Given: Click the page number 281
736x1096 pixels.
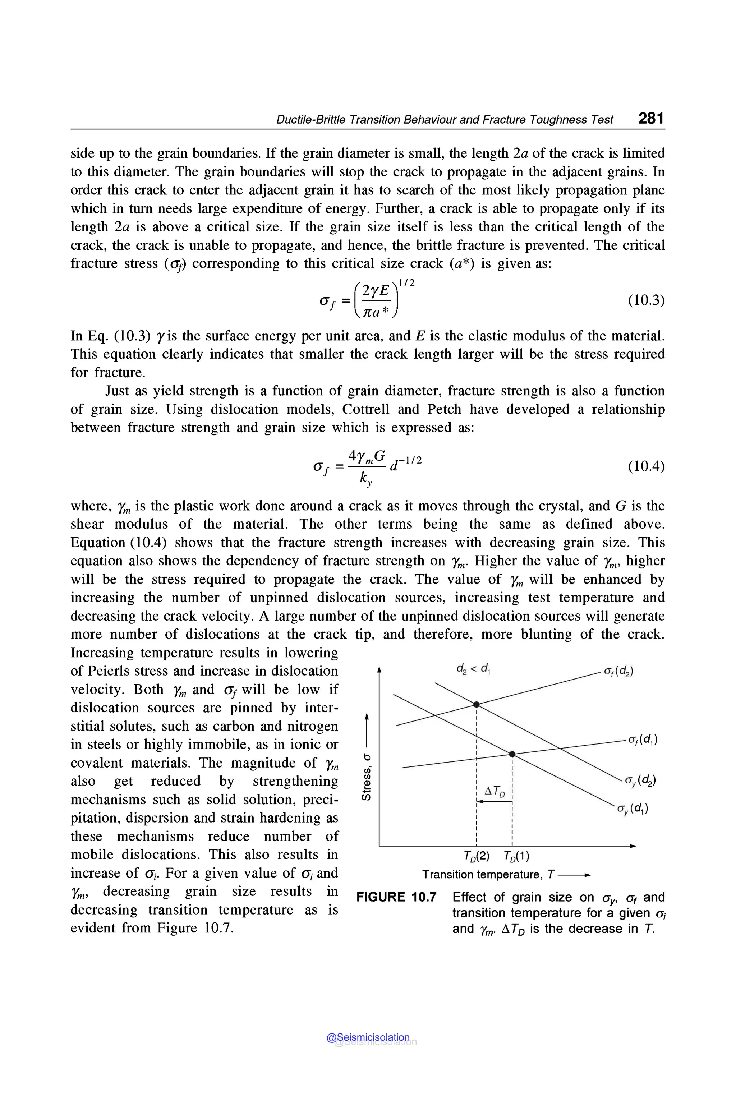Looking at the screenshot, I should coord(651,118).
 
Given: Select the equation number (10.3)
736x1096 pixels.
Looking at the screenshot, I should coord(646,300).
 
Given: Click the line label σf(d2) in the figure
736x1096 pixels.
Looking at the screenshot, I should coord(618,672).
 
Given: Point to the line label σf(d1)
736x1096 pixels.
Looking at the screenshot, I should coord(643,740).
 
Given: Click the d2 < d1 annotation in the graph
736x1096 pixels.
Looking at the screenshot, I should coord(473,668).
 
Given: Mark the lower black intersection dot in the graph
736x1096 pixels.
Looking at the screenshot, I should coord(512,754).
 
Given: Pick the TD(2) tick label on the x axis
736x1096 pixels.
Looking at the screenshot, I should coord(476,856).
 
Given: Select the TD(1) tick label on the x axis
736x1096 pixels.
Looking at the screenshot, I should coord(516,856).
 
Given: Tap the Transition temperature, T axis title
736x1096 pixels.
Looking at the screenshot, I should coord(488,874).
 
